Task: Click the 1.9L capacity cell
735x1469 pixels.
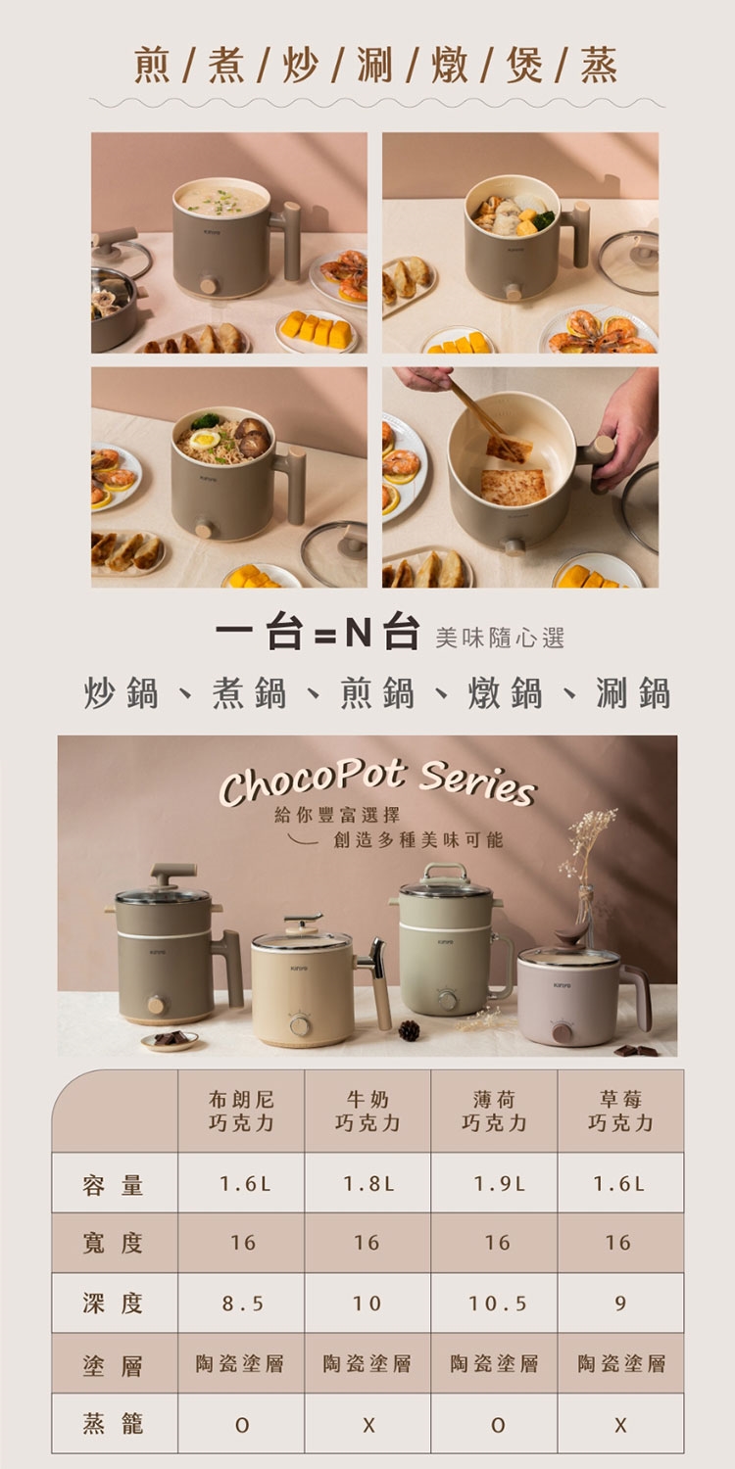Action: coord(500,1184)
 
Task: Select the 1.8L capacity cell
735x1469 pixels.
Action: coord(368,1184)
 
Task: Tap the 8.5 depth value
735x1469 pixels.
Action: coord(242,1303)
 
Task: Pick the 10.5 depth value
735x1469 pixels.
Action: coord(498,1303)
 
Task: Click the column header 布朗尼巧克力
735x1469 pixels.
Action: coord(241,1111)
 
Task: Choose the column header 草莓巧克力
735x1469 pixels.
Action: coord(620,1111)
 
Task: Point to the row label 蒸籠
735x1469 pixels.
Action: coord(113,1424)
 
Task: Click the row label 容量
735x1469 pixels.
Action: coord(113,1185)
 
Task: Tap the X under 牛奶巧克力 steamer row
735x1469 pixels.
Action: coord(368,1424)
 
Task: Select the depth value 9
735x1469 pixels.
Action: coord(620,1303)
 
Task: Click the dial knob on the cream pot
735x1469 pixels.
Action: coord(300,1024)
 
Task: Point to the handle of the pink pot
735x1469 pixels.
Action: coord(637,996)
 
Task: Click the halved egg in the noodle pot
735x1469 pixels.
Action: coord(204,439)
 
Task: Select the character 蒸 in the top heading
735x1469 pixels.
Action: coord(599,66)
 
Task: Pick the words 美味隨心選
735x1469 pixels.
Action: coord(500,638)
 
